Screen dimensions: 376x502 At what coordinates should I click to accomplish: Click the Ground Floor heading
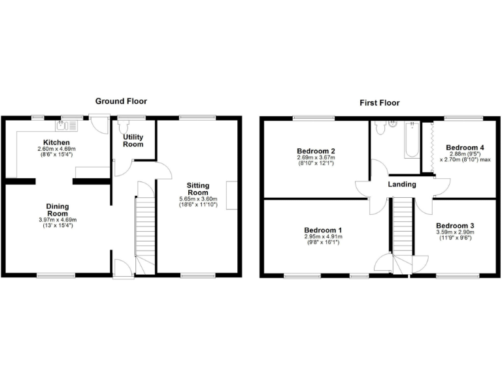coord(121,101)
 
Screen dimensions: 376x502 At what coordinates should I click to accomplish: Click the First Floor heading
coord(379,102)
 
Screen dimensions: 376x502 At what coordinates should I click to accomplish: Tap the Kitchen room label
coord(57,142)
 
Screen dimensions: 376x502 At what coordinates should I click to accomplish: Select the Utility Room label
coord(133,140)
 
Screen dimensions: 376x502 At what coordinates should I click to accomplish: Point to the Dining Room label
coord(58,210)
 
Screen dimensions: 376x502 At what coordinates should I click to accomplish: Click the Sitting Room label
coord(198,189)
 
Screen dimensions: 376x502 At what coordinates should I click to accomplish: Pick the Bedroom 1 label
coord(324,230)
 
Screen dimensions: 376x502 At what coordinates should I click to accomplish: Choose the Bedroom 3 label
coord(455,226)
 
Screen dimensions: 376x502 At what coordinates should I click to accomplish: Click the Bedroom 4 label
coord(465,148)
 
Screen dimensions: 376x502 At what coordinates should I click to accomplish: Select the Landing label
coord(402,185)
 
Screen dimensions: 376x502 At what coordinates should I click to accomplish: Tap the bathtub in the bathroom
coord(411,139)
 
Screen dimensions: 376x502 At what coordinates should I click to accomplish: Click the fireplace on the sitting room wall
coord(231,195)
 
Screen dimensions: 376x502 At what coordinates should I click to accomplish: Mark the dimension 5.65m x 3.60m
coord(198,199)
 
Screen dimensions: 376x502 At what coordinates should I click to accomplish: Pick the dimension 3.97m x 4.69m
coord(58,220)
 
